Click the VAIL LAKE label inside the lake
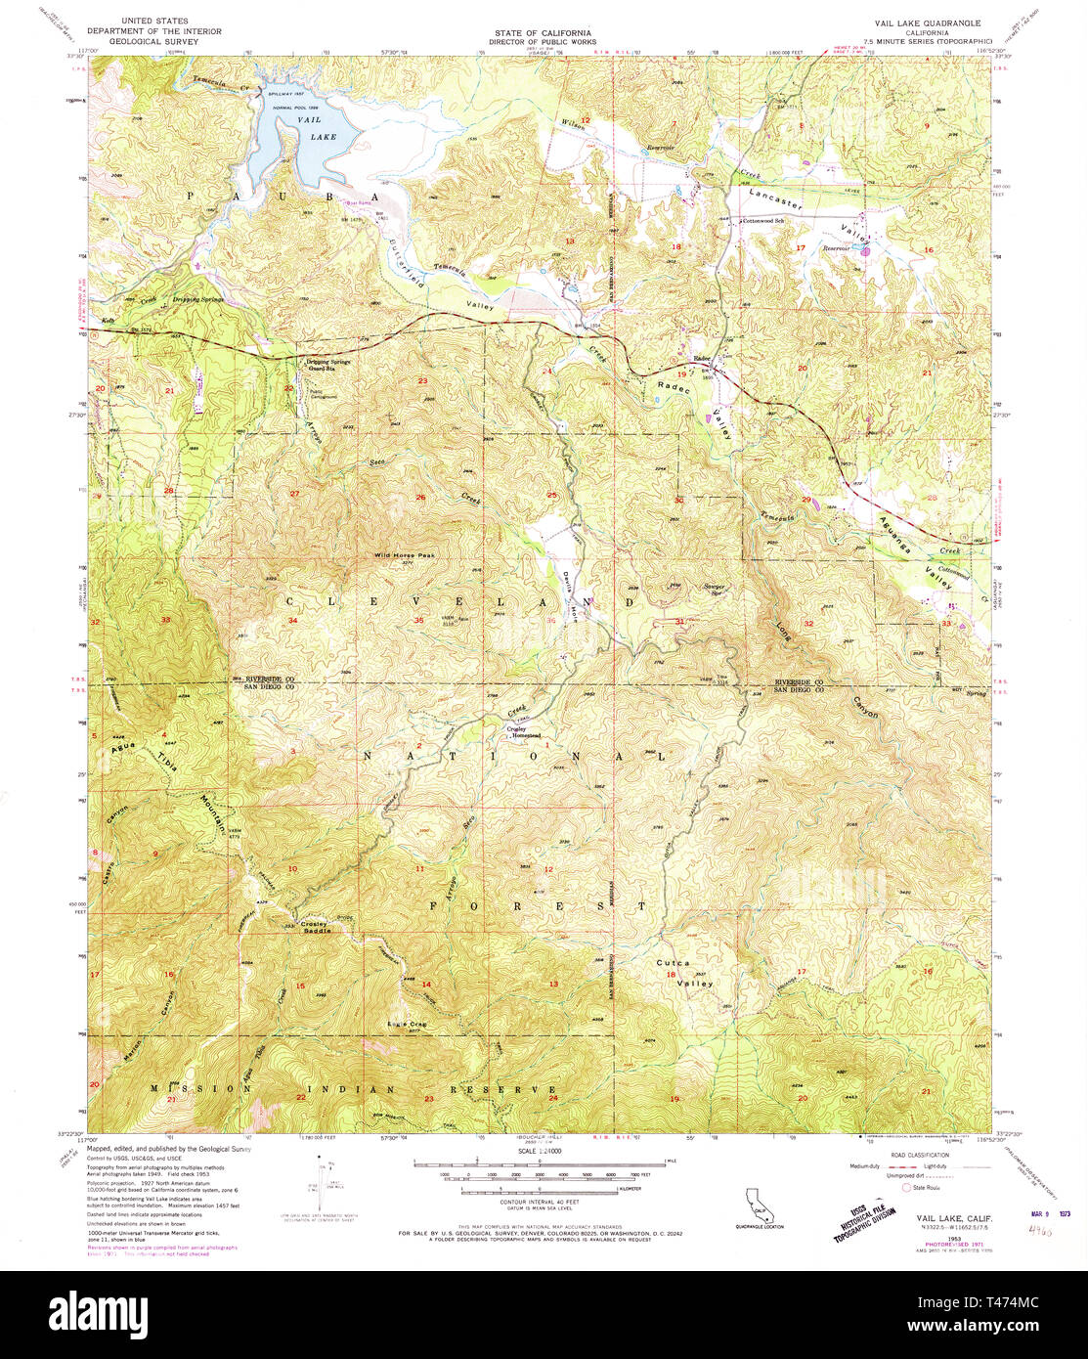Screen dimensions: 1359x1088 coord(317,128)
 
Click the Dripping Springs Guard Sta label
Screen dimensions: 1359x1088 coord(329,366)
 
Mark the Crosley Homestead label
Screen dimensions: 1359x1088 coord(522,733)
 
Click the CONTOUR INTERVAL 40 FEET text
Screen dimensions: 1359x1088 coord(543,1202)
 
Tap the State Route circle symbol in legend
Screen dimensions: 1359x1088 coord(905,1187)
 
